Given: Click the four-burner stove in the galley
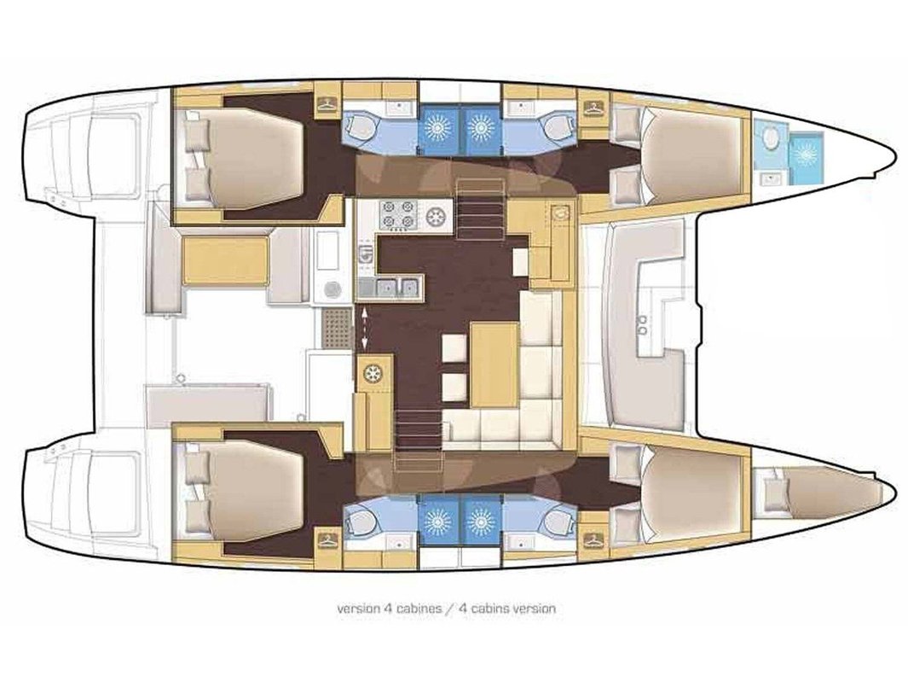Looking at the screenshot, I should coord(399,215).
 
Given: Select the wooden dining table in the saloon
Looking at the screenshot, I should coord(494,364).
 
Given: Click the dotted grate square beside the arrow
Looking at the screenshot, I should coord(337,328).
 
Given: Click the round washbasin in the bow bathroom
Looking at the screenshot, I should coord(769,137).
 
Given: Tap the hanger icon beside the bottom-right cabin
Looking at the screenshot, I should coord(593,539).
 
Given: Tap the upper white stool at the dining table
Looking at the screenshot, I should coord(454,348).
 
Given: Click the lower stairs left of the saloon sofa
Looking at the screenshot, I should coord(418,423).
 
